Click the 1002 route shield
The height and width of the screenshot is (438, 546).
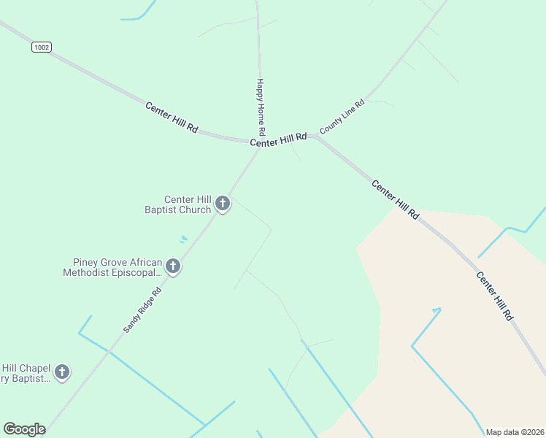pyautogui.click(x=42, y=47)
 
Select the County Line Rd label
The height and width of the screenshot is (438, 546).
pyautogui.click(x=342, y=115)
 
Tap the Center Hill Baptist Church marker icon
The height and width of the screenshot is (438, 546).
pyautogui.click(x=223, y=204)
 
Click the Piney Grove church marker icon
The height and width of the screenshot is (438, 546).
pyautogui.click(x=173, y=266)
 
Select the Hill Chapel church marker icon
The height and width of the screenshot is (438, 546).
pyautogui.click(x=62, y=372)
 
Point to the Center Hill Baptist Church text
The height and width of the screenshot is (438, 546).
pyautogui.click(x=188, y=204)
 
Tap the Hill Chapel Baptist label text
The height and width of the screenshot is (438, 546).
pyautogui.click(x=26, y=373)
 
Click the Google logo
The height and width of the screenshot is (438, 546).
pyautogui.click(x=24, y=429)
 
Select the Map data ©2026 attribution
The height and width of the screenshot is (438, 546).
pyautogui.click(x=515, y=432)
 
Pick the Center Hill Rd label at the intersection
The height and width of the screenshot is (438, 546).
pyautogui.click(x=278, y=140)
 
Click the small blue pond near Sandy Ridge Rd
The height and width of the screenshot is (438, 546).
pyautogui.click(x=183, y=238)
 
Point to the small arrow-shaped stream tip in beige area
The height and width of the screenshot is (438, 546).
pyautogui.click(x=437, y=310)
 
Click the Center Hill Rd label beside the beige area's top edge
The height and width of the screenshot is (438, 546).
pyautogui.click(x=396, y=200)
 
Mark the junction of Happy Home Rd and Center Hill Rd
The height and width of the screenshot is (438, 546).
pyautogui.click(x=258, y=141)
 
